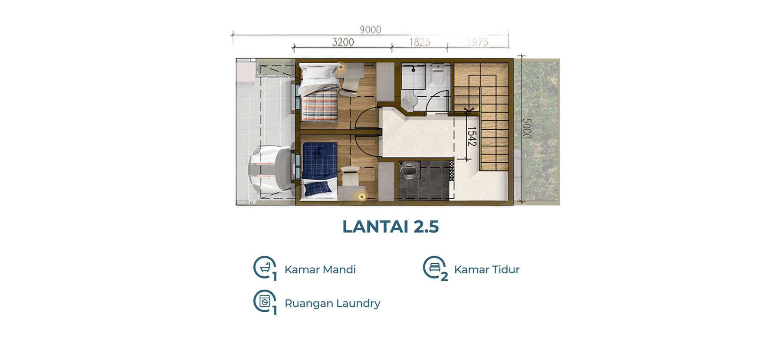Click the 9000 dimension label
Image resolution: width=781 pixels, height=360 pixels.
370,29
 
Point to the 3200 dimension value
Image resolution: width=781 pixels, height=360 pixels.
343,42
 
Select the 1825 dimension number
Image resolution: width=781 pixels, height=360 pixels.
420,42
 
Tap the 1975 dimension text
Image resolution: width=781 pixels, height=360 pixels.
478,42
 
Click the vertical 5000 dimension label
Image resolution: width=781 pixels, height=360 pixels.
526,128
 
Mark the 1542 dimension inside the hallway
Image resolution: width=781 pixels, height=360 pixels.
472,136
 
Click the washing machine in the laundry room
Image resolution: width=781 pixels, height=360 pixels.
409,170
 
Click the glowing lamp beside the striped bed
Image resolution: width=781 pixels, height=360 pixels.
341,67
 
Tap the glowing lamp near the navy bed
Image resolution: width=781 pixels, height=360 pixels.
361,196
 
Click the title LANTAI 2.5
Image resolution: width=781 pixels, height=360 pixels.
390,226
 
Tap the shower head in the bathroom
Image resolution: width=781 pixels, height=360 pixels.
413,68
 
